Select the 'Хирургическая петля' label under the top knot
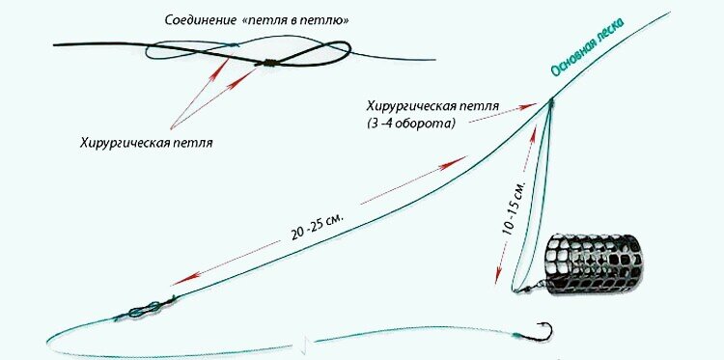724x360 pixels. coord(146,142)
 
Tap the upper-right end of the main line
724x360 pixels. coord(667,14)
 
